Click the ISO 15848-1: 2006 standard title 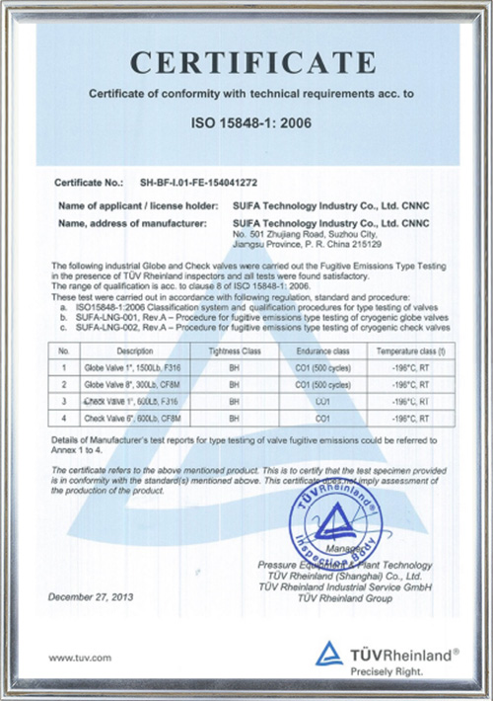click(x=246, y=126)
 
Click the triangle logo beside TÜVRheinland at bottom click(x=329, y=653)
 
